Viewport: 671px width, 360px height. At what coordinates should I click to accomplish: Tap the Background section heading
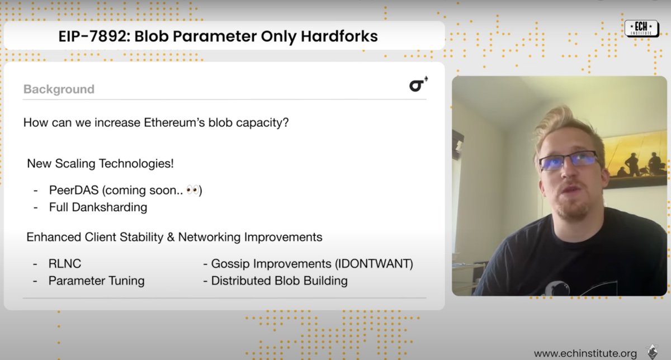[x=59, y=89]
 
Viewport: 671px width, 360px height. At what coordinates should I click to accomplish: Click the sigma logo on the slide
[x=418, y=85]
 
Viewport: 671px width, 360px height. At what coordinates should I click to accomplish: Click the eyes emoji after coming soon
[x=192, y=191]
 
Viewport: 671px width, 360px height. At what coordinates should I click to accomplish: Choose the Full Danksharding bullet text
[x=98, y=207]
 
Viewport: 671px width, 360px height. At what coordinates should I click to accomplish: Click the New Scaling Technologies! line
[x=100, y=164]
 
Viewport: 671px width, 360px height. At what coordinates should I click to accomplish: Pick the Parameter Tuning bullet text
[x=96, y=280]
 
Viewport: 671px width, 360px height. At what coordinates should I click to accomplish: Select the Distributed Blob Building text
[x=279, y=280]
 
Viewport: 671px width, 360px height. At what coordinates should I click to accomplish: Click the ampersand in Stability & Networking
[x=171, y=237]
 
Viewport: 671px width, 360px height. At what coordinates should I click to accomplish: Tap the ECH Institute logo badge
[x=641, y=28]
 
